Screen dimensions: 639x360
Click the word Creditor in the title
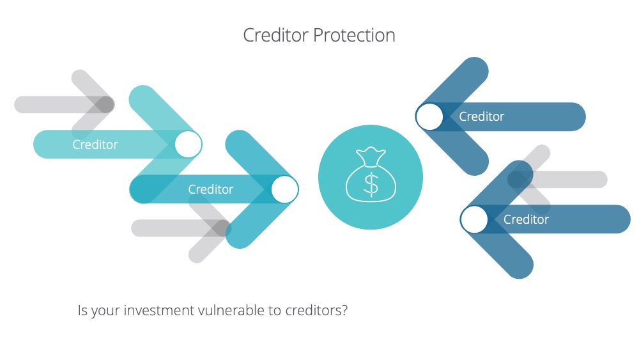276,35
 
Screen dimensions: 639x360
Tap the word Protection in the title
354,35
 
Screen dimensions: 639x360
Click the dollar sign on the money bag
371,184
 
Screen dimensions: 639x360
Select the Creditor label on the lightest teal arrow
95,145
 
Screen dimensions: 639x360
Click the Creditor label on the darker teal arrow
211,189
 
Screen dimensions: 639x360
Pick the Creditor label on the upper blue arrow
482,116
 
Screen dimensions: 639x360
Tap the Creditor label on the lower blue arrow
526,219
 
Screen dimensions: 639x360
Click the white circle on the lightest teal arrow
189,145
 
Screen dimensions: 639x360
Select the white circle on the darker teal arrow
285,189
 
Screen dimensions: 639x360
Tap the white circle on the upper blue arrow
429,116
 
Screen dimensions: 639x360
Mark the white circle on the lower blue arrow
474,219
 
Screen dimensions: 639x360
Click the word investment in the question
159,311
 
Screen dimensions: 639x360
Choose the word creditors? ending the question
317,311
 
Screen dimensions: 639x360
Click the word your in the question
105,312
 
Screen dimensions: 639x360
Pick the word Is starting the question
82,311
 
